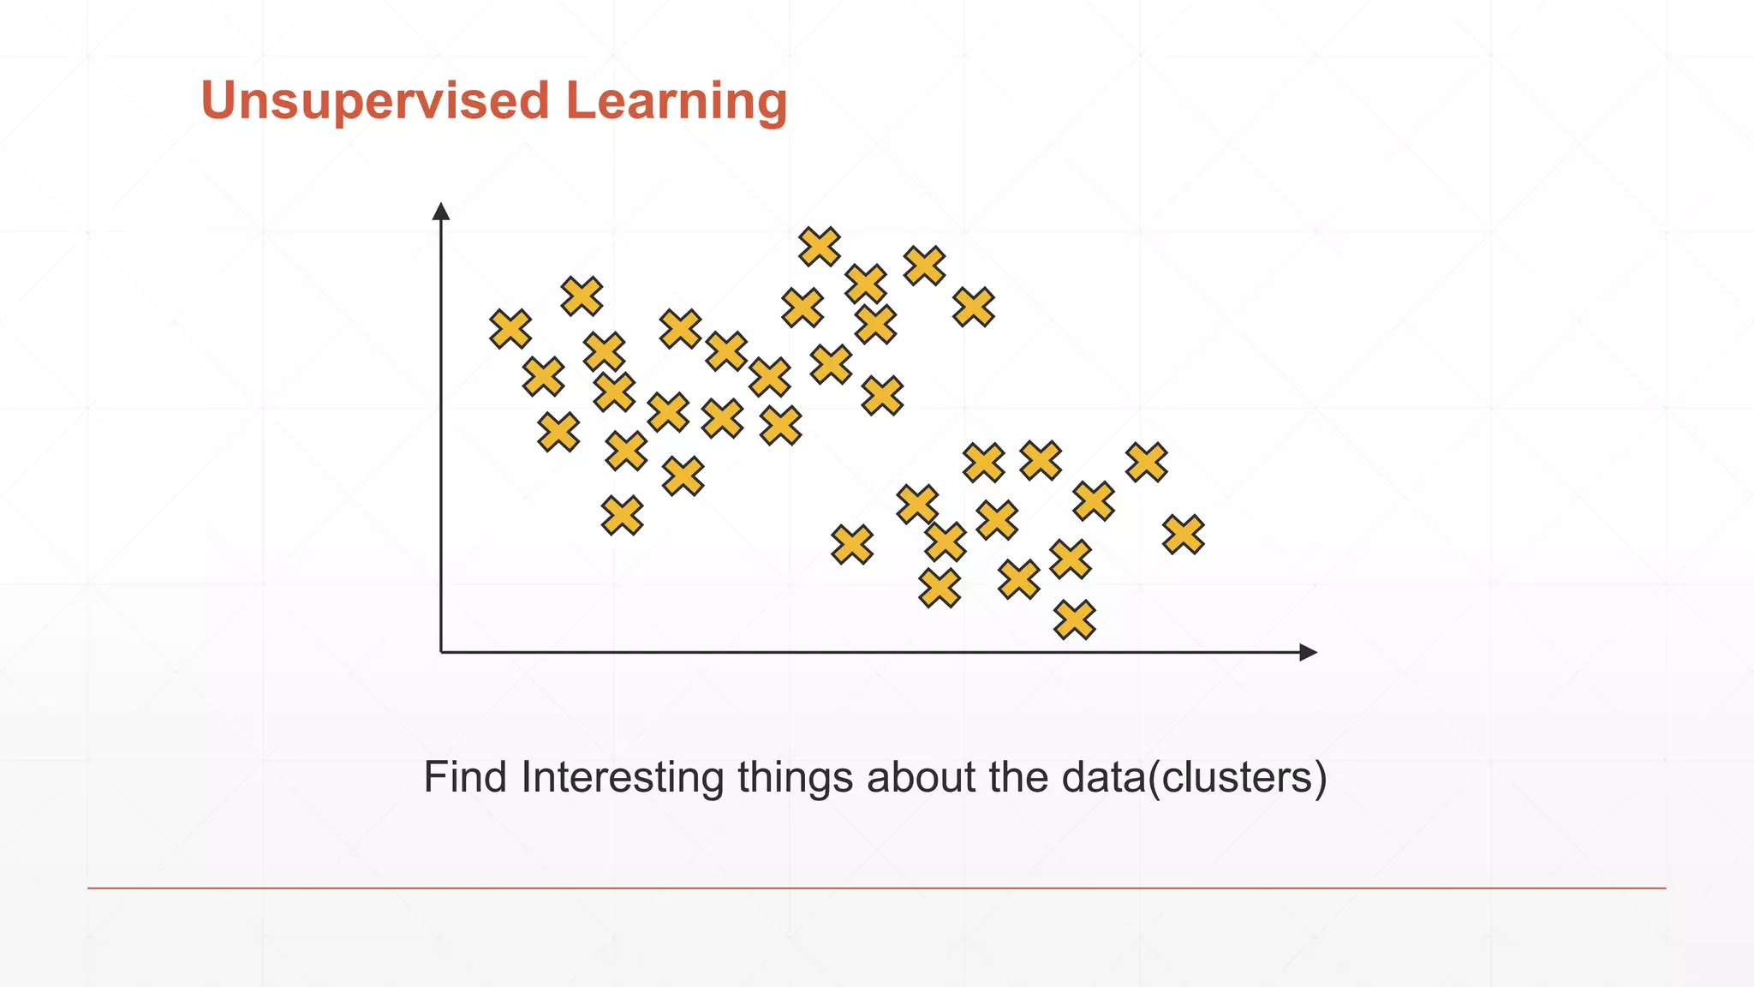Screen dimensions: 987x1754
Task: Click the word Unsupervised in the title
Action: (374, 101)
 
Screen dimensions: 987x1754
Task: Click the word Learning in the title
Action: (676, 101)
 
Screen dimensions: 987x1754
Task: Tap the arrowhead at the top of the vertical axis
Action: (441, 212)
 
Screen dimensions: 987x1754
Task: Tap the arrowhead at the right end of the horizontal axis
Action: (1308, 652)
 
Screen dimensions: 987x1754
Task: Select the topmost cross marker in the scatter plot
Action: (820, 247)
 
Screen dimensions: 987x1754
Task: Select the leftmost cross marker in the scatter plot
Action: (510, 329)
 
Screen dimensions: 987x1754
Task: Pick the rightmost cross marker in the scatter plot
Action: (1184, 535)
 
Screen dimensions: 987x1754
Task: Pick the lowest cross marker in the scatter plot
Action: (1075, 619)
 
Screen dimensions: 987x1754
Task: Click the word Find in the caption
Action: (465, 777)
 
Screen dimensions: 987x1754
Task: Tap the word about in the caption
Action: (921, 777)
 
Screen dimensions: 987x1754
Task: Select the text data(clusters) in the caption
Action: (1193, 777)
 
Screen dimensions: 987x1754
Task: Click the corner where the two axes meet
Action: (441, 652)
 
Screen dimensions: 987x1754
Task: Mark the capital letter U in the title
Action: (218, 101)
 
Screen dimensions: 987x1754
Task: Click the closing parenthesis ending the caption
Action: (1321, 778)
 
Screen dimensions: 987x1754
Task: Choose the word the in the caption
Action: (1019, 777)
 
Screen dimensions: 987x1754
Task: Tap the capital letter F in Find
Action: (434, 777)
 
